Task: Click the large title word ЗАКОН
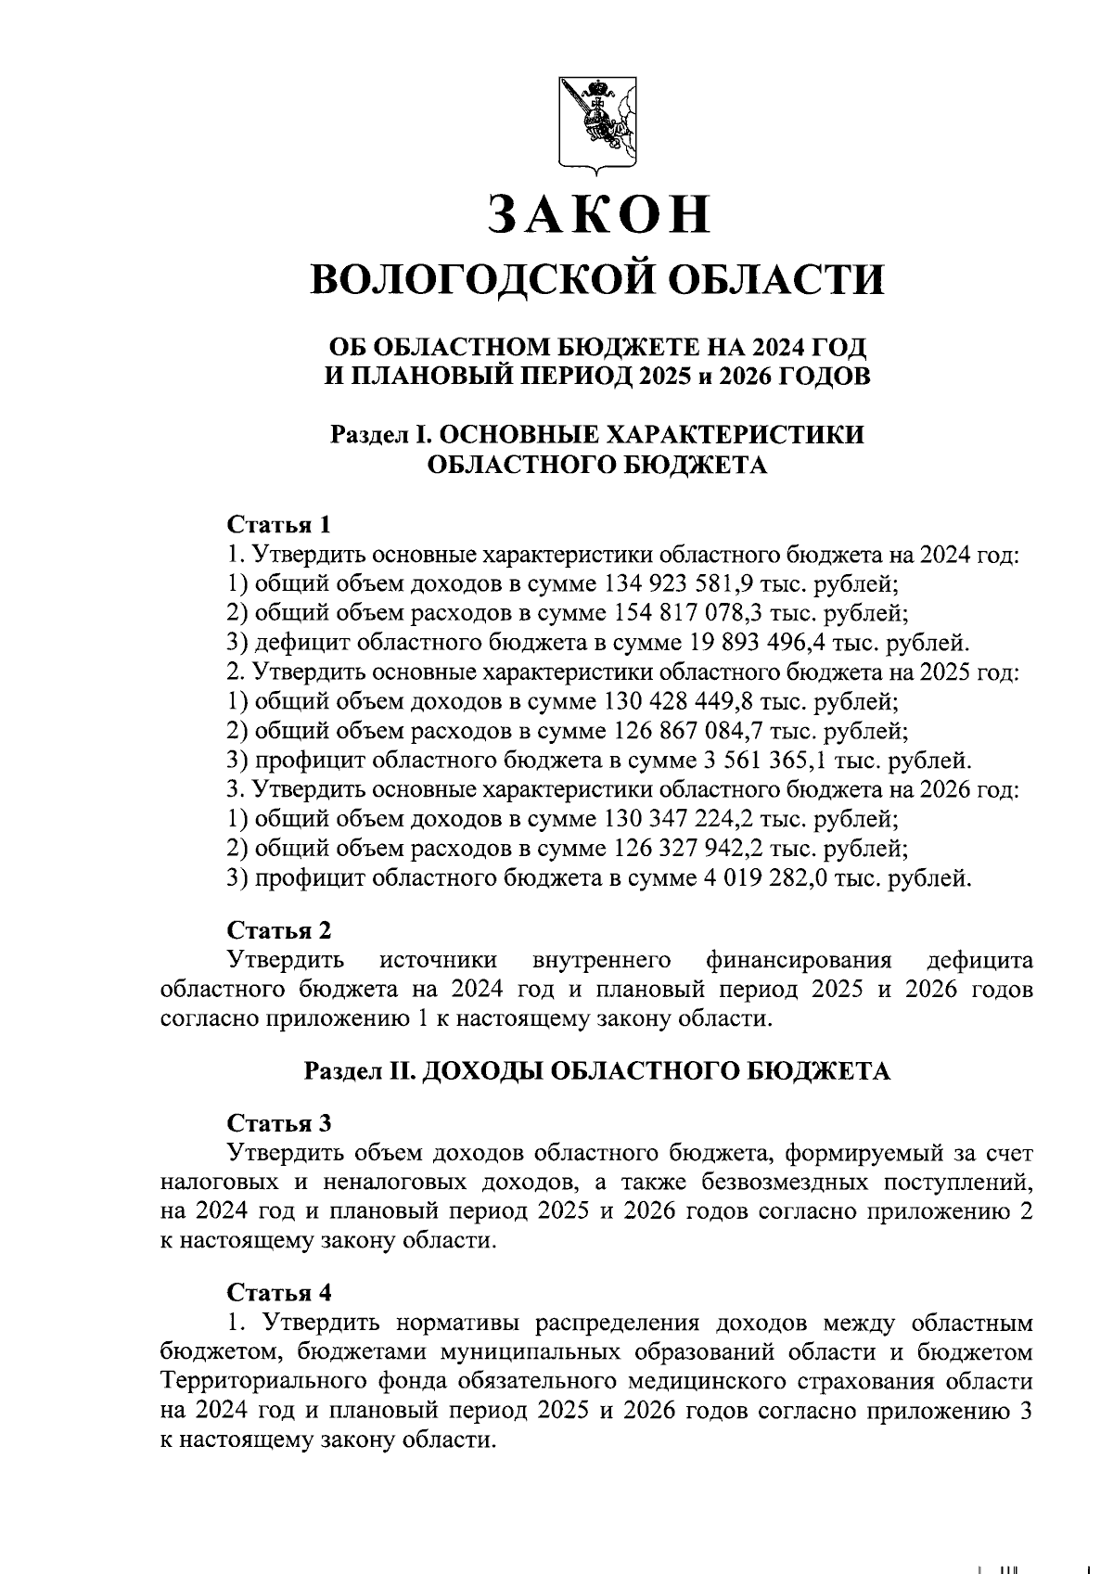tap(598, 214)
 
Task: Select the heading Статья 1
tap(279, 525)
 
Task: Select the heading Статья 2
tap(279, 930)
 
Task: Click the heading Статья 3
tap(279, 1123)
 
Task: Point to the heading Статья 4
tap(279, 1293)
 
